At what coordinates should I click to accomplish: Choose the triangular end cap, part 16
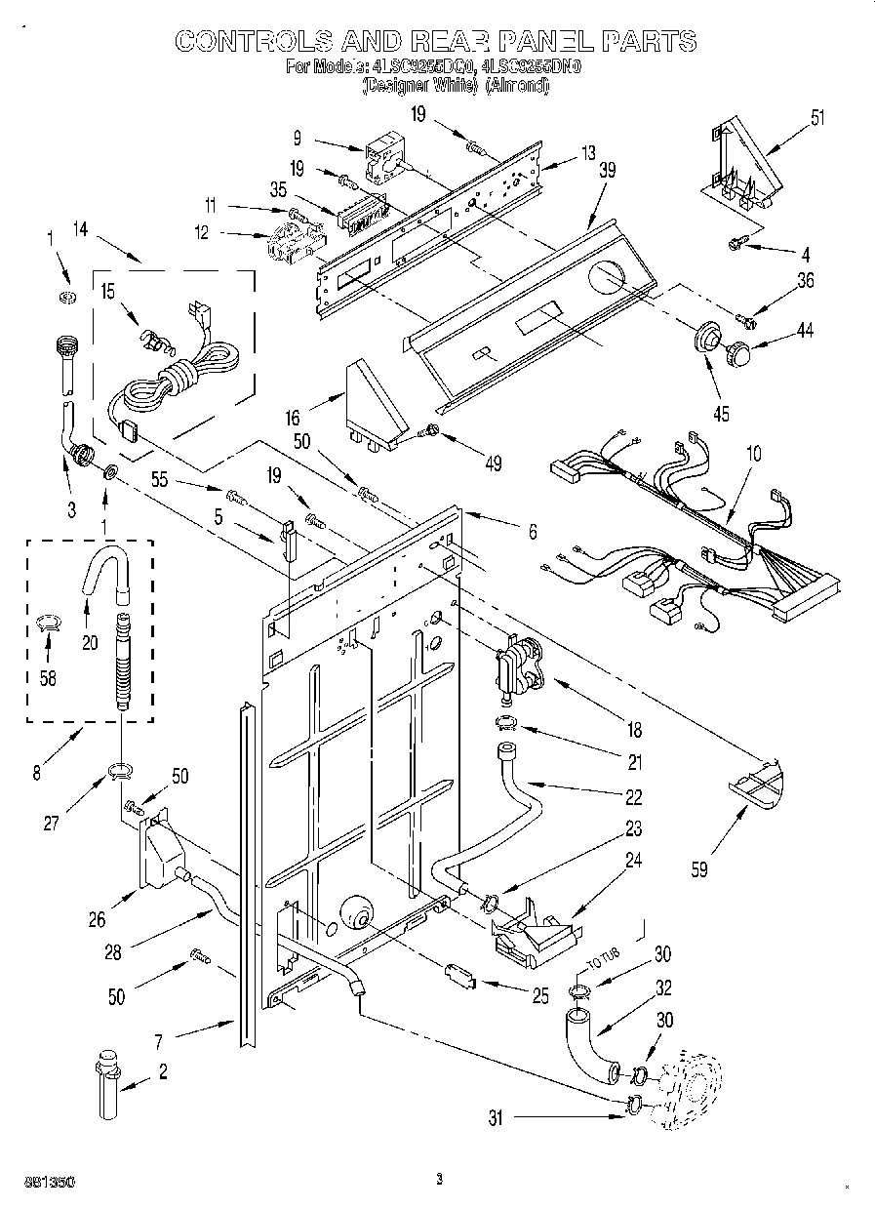(x=375, y=403)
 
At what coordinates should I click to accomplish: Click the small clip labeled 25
(x=458, y=973)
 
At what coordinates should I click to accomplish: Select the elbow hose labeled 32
(x=585, y=1042)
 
